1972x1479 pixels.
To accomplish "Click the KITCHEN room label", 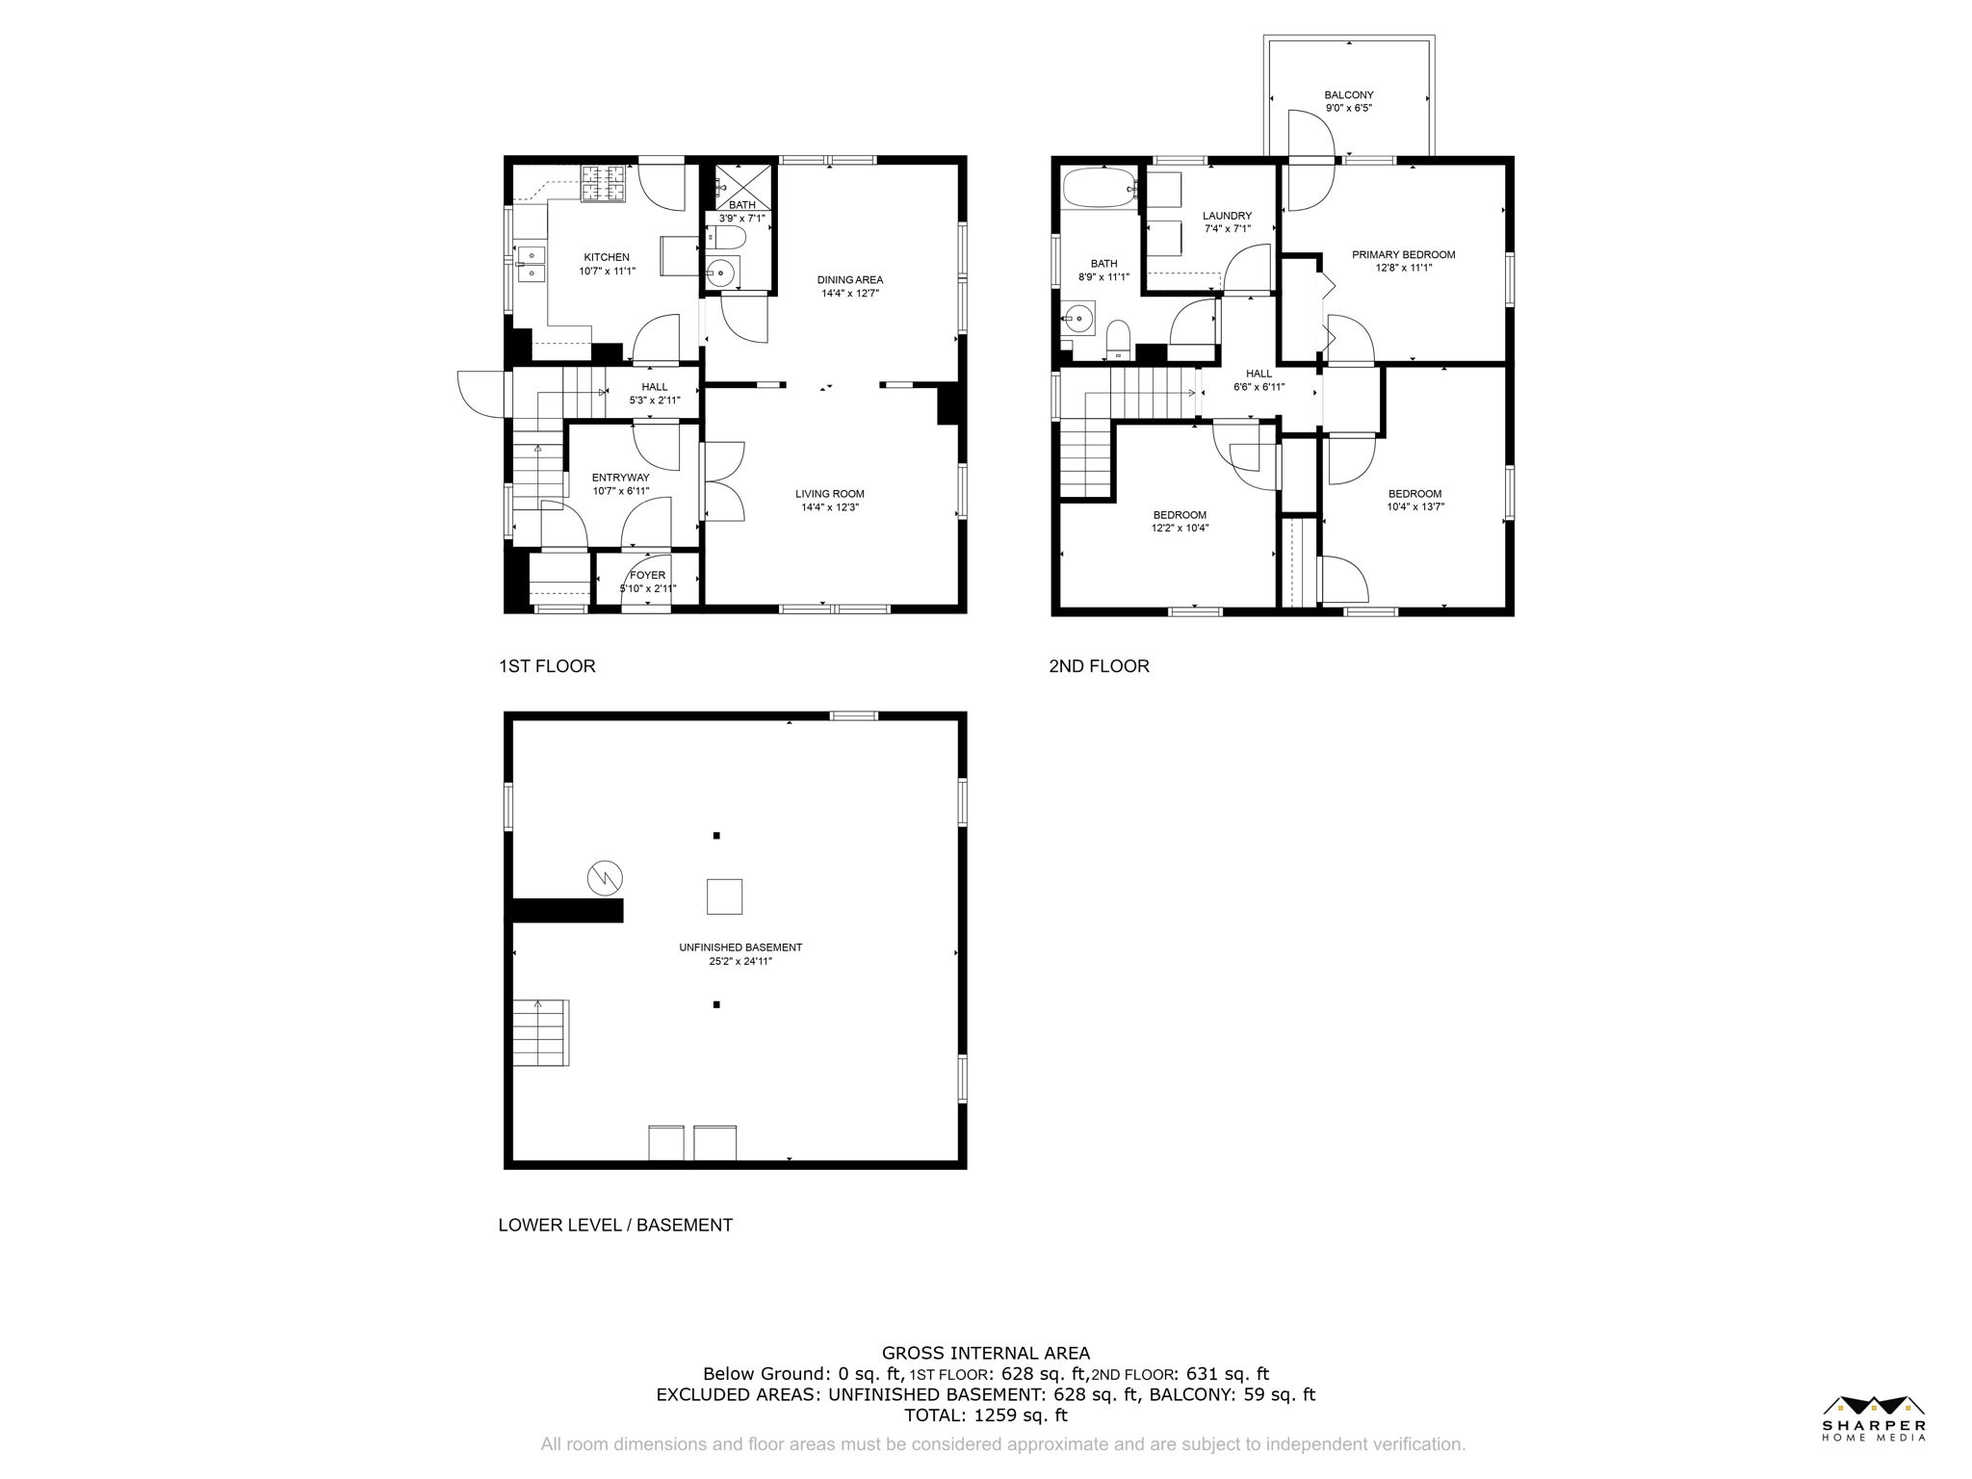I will [x=607, y=257].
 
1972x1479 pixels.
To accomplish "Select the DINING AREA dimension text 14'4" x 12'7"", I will [x=849, y=293].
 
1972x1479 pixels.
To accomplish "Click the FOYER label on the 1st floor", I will [x=647, y=575].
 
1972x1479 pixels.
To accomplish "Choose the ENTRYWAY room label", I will [x=620, y=478].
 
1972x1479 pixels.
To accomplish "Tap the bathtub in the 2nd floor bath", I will [x=1099, y=189].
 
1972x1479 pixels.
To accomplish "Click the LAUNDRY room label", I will [x=1227, y=216].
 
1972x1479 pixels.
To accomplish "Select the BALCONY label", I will [x=1348, y=94].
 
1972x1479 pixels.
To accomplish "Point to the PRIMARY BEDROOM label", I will [x=1403, y=255].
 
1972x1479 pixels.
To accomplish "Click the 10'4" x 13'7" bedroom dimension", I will [x=1414, y=506].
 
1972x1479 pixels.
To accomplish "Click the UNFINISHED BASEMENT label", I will [x=739, y=947].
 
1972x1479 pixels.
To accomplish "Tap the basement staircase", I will [x=540, y=1032].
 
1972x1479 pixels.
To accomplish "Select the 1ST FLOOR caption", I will [x=546, y=666].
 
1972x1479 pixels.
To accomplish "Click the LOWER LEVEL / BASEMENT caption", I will [x=615, y=1225].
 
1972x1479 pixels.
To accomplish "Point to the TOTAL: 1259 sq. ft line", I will [x=985, y=1415].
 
